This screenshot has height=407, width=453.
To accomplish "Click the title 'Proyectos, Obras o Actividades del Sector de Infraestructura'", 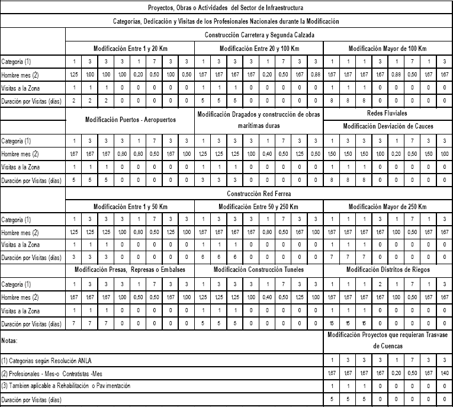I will [x=226, y=8].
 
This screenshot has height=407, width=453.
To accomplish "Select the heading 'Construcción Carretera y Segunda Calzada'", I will [x=259, y=35].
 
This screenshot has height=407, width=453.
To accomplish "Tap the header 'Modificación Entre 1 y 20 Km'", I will [x=130, y=48].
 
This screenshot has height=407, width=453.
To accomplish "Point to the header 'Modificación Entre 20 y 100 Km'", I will [x=259, y=48].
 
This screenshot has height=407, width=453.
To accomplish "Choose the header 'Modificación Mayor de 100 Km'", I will [x=387, y=48].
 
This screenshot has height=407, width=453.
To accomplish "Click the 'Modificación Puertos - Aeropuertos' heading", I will [x=130, y=119].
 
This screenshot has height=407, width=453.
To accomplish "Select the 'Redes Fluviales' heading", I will [x=387, y=113].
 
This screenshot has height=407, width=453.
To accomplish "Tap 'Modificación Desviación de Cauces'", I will [x=387, y=126].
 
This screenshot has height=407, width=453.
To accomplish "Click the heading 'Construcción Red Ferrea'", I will [x=259, y=194].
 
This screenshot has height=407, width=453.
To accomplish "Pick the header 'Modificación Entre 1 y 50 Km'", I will [x=130, y=207].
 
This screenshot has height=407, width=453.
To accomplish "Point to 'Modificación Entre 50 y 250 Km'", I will [x=259, y=207].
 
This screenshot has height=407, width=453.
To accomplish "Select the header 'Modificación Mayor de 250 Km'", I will [x=387, y=207].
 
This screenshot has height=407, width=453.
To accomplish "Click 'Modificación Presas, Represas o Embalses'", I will [x=130, y=270].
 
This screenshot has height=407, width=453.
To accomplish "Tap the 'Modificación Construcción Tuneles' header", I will [x=259, y=270].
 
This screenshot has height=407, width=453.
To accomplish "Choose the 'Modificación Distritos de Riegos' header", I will [x=387, y=270].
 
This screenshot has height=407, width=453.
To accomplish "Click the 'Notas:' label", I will [x=10, y=341].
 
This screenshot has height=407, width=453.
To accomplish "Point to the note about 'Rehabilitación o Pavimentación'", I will [x=74, y=386].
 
